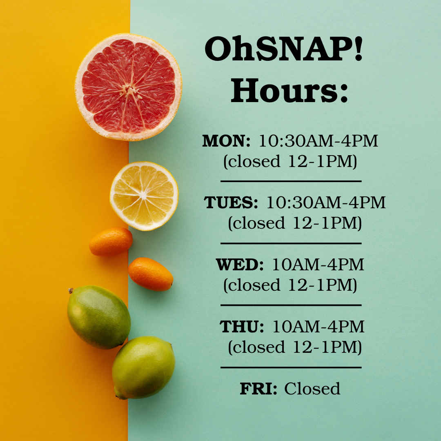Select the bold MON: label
click(x=226, y=141)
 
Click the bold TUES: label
click(x=231, y=203)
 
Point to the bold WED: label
click(x=240, y=265)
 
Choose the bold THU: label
click(x=242, y=327)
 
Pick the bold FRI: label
click(x=258, y=389)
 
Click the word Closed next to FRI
click(x=312, y=389)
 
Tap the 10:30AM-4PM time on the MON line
click(x=318, y=141)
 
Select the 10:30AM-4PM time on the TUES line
click(x=326, y=203)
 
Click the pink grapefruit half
click(x=129, y=87)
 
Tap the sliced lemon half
click(x=144, y=196)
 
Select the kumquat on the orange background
click(x=111, y=242)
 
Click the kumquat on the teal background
click(x=151, y=274)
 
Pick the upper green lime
click(x=99, y=317)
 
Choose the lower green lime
click(x=143, y=367)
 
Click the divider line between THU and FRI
click(x=291, y=367)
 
